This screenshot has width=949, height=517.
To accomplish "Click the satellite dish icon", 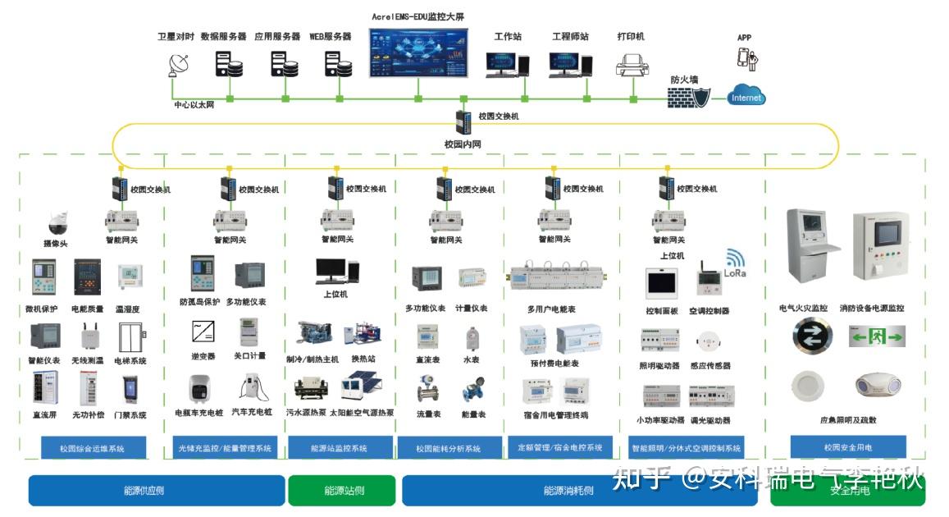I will [x=177, y=63].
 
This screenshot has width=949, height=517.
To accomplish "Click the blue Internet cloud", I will [x=746, y=96].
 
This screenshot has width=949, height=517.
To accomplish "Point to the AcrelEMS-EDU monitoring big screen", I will [x=418, y=54].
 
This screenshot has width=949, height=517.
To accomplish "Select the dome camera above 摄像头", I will [x=57, y=222].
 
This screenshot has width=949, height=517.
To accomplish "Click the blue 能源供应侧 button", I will [x=156, y=491].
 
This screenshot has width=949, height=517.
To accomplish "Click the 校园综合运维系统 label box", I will [x=92, y=448].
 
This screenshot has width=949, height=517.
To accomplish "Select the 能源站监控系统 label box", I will [x=340, y=448].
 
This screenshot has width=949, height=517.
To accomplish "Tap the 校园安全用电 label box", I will [x=848, y=447].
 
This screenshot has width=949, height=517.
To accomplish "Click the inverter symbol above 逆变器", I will [x=203, y=332].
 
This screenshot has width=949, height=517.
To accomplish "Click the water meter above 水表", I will [x=471, y=337].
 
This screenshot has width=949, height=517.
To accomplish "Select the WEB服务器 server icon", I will [x=333, y=63].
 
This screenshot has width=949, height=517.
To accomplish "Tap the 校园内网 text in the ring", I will [x=462, y=144].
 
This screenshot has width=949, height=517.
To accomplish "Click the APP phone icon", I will [x=746, y=58].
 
